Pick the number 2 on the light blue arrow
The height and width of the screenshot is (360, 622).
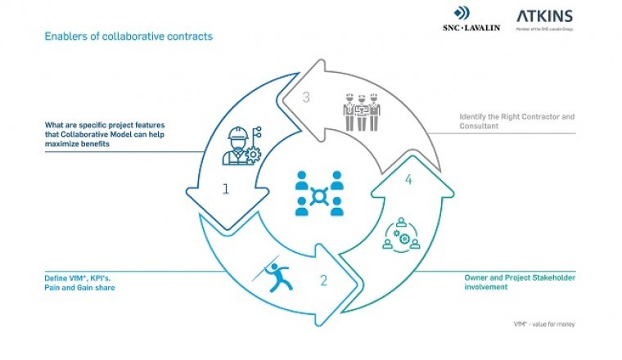click(323, 281)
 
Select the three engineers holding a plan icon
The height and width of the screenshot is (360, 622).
click(361, 113)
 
